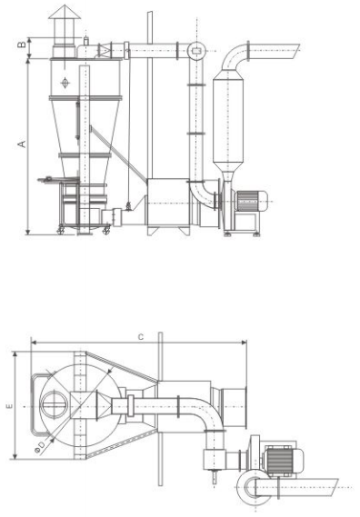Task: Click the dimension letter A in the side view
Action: click(22, 144)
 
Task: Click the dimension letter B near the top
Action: click(22, 45)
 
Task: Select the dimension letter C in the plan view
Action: click(141, 337)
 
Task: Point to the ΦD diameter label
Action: click(41, 447)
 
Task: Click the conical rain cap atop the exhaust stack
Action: click(65, 12)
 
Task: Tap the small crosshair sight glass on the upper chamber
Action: click(65, 83)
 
